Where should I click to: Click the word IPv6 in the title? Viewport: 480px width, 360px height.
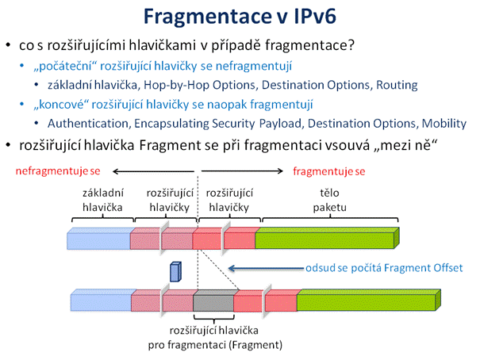click(315, 16)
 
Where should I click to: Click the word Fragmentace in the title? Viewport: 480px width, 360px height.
click(208, 17)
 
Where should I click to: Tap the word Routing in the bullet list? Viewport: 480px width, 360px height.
click(397, 85)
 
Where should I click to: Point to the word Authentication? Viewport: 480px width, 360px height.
click(87, 123)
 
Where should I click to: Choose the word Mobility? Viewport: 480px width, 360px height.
click(444, 124)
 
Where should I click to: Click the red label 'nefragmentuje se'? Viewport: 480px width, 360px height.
click(58, 170)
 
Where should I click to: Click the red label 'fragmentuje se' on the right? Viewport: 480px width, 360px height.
click(329, 171)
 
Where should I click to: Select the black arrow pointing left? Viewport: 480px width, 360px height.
click(153, 171)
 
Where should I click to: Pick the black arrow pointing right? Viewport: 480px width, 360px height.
click(242, 171)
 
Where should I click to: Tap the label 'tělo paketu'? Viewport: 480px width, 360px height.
click(330, 200)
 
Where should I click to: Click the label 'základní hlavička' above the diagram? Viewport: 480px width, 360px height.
click(102, 200)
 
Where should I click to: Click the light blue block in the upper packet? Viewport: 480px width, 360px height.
click(99, 239)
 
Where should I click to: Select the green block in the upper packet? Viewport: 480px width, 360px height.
click(327, 238)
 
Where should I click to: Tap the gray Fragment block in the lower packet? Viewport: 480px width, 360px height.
click(213, 301)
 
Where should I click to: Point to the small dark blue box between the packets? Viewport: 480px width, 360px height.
click(175, 272)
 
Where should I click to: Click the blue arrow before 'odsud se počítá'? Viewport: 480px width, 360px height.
click(267, 269)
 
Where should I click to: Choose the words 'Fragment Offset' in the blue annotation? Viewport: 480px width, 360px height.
click(424, 268)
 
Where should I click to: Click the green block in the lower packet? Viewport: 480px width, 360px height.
click(369, 300)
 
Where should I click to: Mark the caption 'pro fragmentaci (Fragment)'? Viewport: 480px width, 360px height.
click(215, 345)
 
